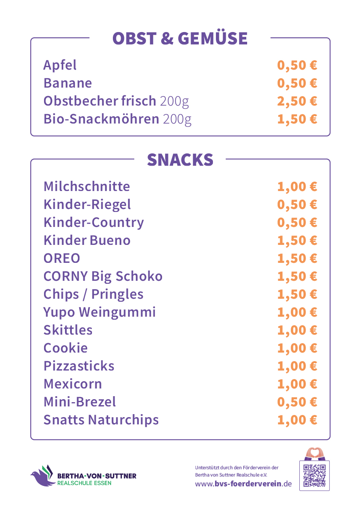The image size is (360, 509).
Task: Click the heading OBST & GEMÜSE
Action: (180, 38)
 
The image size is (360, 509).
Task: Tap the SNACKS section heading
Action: (180, 160)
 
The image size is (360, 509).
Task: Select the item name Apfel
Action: (60, 65)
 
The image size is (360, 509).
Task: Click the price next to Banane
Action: (297, 83)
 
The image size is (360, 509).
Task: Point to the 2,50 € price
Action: (297, 101)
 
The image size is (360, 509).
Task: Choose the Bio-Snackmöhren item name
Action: (101, 119)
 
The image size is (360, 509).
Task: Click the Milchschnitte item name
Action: (87, 186)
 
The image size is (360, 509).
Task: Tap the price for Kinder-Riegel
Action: (297, 205)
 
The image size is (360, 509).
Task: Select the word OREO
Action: (62, 259)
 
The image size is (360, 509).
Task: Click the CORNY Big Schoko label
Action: (103, 276)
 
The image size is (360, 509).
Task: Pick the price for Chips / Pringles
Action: (297, 294)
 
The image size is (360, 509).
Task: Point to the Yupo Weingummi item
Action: (100, 312)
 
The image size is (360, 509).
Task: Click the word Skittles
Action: (68, 330)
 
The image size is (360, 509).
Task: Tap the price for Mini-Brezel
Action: (297, 402)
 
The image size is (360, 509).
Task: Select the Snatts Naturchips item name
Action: (101, 420)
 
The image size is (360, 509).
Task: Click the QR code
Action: (314, 476)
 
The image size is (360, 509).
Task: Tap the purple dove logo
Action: (42, 477)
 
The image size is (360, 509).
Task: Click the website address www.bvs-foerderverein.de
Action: (243, 484)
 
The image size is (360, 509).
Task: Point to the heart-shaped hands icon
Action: (314, 453)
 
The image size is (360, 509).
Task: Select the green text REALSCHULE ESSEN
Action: (84, 483)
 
